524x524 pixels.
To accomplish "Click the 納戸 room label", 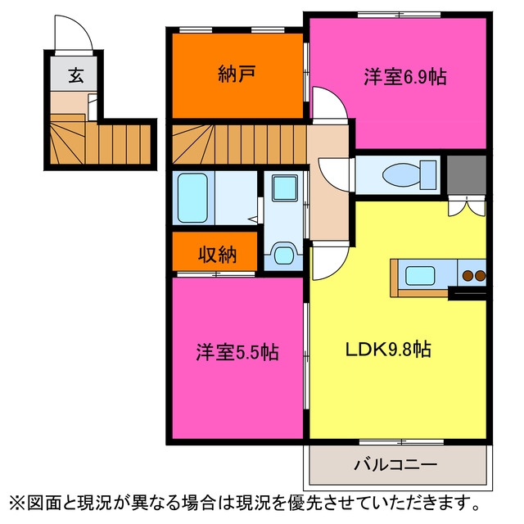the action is tap(237, 74).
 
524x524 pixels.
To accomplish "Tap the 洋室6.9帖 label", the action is tap(405, 77).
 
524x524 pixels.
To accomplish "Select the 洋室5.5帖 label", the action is tap(237, 352).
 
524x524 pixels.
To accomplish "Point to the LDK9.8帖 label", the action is tap(387, 350).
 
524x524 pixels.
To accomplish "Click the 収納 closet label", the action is tap(217, 255).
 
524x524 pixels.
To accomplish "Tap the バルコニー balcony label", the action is tap(395, 465).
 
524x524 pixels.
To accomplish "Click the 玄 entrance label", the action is tap(76, 75).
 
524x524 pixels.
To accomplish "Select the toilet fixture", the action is tap(409, 175).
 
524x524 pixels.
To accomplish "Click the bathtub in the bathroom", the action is tap(192, 198).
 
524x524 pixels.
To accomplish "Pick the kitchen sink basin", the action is tap(420, 276).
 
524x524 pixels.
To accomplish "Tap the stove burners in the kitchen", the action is tap(474, 275).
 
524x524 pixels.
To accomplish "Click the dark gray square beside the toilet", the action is tap(467, 174).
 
